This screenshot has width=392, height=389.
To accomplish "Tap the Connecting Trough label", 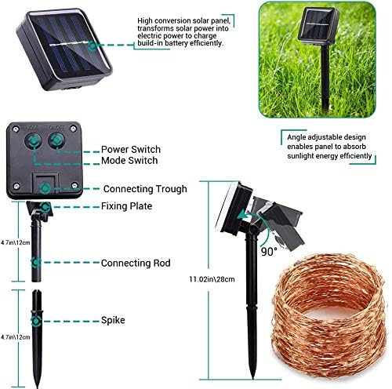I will pyautogui.click(x=145, y=189).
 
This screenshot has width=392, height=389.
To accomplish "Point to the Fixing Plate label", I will pyautogui.click(x=126, y=206).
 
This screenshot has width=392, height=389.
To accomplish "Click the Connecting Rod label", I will pyautogui.click(x=136, y=263).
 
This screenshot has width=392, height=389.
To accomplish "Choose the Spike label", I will pyautogui.click(x=112, y=320).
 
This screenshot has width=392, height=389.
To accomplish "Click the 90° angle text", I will pyautogui.click(x=268, y=252).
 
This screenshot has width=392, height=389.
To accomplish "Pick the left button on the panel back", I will pyautogui.click(x=35, y=141).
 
